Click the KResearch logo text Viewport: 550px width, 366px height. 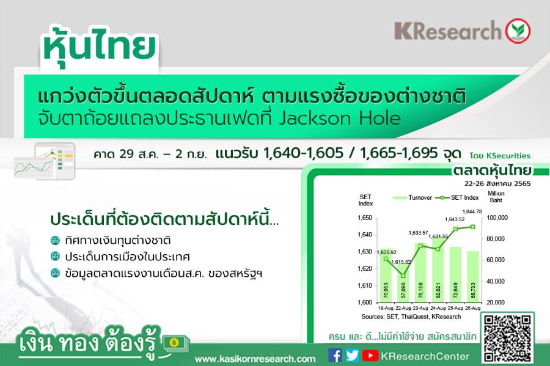tap(448, 31)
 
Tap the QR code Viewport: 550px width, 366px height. tap(508, 339)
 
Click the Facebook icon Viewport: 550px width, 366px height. tap(335, 356)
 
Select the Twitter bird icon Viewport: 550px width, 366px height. tap(352, 356)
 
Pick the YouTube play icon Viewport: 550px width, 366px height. tap(370, 356)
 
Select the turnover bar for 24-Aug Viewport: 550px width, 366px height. tap(438, 269)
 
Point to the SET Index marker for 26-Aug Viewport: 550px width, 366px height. tap(472, 227)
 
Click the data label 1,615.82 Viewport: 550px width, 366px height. tap(401, 262)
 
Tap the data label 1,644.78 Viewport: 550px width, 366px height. tap(472, 211)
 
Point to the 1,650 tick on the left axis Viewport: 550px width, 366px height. tap(365, 218)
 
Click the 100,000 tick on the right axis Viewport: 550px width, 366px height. tap(497, 218)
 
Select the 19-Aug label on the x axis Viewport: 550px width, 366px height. tap(386, 308)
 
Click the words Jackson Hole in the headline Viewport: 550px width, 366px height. tap(340, 119)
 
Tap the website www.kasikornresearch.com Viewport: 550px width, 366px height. tap(255, 359)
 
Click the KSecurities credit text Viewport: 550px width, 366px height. tap(500, 156)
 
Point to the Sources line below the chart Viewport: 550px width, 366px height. tap(411, 317)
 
